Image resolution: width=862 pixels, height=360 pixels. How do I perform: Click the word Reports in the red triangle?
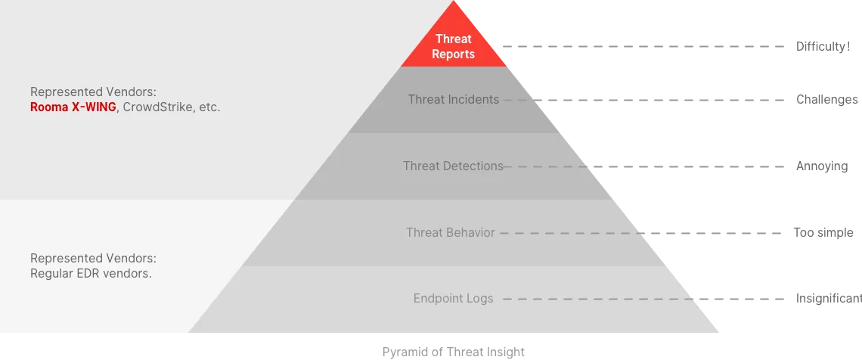click(454, 54)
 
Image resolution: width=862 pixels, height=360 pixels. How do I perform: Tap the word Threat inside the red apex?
click(454, 39)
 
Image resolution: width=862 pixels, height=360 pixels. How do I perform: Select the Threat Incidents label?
click(453, 99)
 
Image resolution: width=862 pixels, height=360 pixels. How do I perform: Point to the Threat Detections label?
click(453, 166)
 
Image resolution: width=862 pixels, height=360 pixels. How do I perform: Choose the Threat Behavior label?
click(450, 232)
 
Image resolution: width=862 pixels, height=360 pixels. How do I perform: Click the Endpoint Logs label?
click(453, 299)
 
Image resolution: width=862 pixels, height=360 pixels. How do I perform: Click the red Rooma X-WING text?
click(73, 107)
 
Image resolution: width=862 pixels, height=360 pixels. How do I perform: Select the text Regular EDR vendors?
click(91, 274)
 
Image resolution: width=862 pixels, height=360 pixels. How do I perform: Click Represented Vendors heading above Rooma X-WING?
click(93, 92)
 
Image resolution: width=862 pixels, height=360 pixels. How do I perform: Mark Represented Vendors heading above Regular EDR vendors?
click(93, 258)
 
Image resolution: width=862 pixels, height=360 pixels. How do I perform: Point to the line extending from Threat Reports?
click(643, 45)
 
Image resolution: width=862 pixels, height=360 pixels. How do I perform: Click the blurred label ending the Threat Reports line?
click(822, 45)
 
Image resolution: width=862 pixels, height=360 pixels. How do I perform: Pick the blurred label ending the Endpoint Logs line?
click(824, 297)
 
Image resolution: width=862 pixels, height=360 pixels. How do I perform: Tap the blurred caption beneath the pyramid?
click(453, 351)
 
